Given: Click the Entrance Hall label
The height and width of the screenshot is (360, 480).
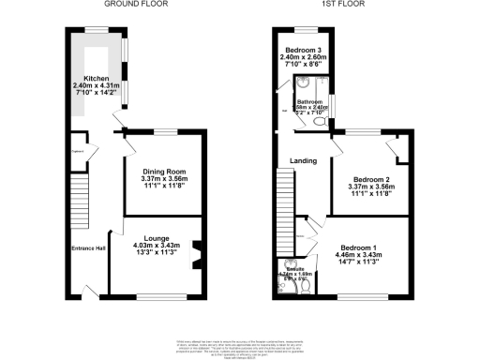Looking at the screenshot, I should point(89,247).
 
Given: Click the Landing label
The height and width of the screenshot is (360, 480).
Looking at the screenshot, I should point(303,160).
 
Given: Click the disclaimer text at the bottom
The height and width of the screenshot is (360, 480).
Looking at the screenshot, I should point(239,346).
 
